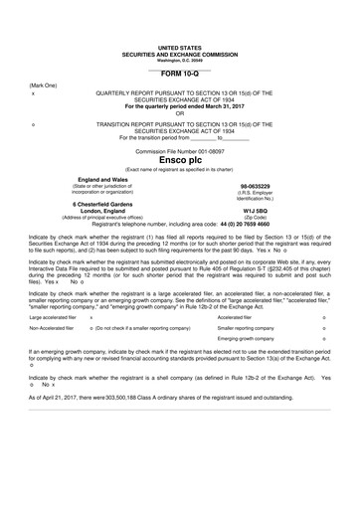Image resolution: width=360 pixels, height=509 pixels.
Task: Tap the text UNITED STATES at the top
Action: tap(179, 47)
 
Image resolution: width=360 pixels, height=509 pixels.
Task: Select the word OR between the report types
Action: tap(179, 112)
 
